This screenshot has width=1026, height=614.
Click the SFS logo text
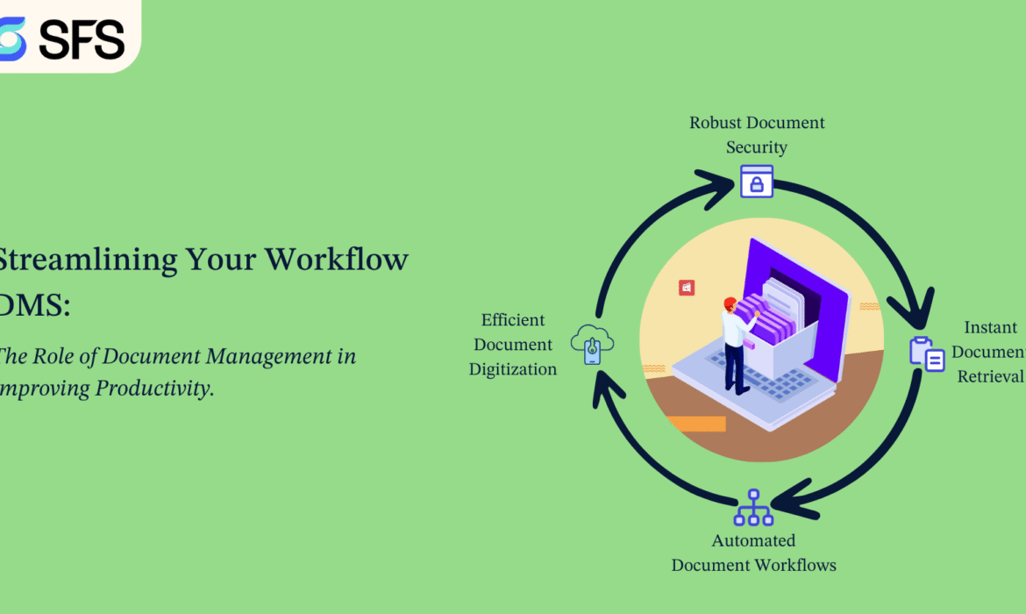tap(84, 38)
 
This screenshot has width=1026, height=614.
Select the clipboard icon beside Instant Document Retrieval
tap(927, 353)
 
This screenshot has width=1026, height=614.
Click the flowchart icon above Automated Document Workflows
tap(753, 508)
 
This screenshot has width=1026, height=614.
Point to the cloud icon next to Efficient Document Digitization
tap(592, 343)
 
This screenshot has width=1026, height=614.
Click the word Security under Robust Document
tap(757, 147)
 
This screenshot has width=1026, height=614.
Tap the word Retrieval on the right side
tap(990, 376)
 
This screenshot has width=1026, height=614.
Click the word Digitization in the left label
tap(513, 369)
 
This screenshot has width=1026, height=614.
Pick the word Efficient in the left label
tap(513, 320)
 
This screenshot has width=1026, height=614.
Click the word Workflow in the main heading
tap(337, 260)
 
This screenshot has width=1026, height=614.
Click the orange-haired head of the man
tap(730, 303)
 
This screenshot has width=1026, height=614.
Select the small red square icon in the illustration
tap(687, 288)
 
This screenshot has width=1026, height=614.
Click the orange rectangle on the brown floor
tap(696, 424)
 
